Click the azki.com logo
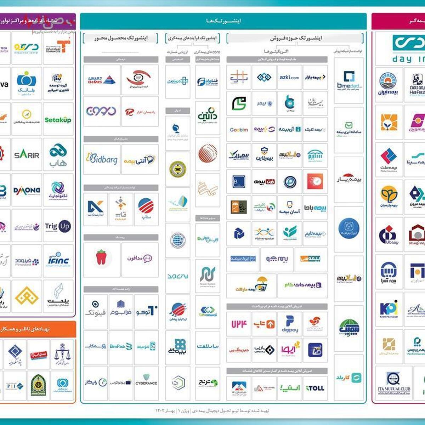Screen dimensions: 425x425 289,77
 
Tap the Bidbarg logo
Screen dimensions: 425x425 102,159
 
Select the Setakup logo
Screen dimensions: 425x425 58,120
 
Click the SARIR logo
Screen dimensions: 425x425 27,155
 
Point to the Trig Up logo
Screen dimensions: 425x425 58,226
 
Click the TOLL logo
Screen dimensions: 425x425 315,388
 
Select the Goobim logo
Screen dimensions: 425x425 239,130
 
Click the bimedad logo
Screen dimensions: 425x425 349,80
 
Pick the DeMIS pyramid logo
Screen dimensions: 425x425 102,80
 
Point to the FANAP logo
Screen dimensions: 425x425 120,209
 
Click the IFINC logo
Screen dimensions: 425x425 58,261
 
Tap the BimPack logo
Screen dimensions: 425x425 121,346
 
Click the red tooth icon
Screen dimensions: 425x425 102,257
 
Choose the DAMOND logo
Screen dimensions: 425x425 27,191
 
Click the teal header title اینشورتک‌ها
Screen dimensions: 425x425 223,21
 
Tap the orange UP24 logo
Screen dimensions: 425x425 239,324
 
